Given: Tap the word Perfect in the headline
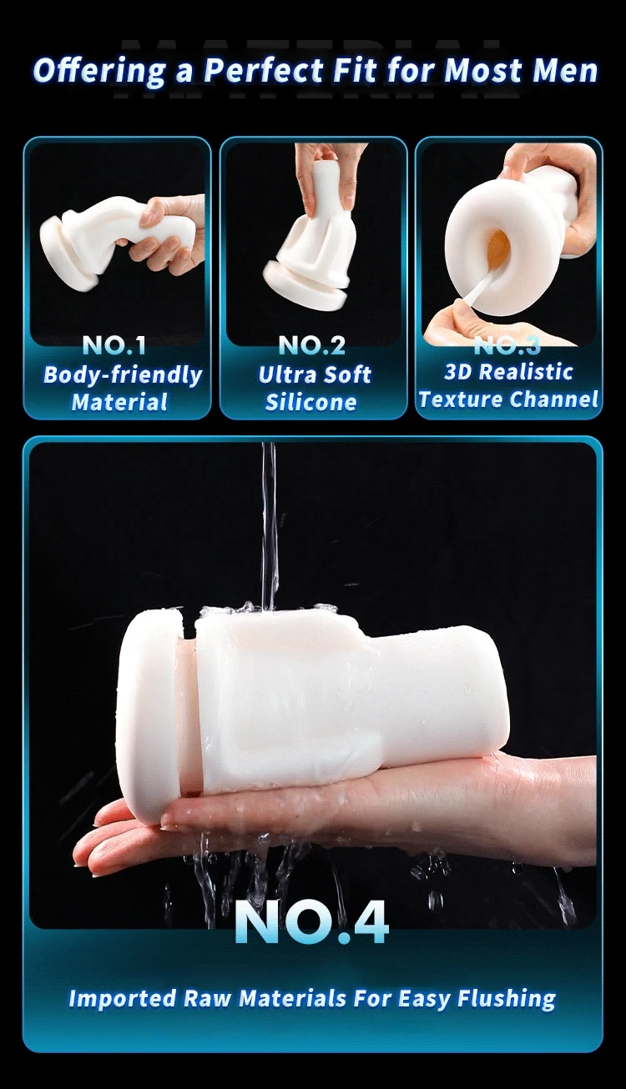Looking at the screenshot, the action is [265, 70].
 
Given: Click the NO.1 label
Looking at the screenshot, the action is [114, 345].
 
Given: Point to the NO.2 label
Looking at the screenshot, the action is [312, 345].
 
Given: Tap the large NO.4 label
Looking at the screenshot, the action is [311, 922].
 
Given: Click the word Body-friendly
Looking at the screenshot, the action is [123, 375].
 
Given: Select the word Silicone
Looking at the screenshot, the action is [311, 402].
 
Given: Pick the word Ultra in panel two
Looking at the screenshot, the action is [280, 374].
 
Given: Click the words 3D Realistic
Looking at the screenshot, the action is [508, 372].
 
